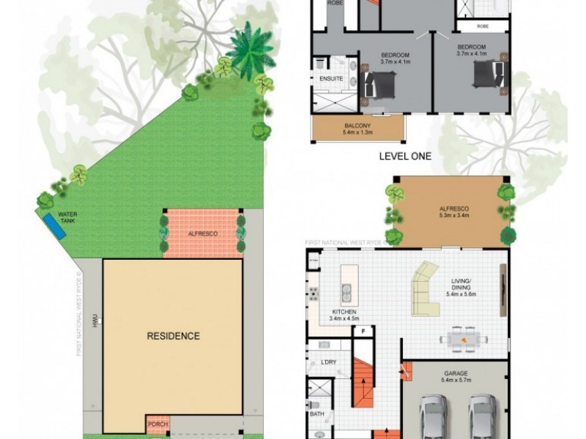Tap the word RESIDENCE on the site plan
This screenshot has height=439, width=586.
click(173, 337)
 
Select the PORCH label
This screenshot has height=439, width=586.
click(157, 424)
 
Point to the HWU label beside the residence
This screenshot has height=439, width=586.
click(94, 320)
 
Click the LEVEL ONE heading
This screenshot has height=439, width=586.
click(404, 156)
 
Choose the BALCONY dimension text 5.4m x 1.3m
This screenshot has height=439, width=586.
click(358, 133)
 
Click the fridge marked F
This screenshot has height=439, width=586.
click(361, 331)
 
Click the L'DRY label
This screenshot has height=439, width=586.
click(327, 362)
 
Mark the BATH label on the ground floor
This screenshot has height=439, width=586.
click(316, 414)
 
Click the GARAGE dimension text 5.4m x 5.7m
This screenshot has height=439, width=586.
click(456, 380)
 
